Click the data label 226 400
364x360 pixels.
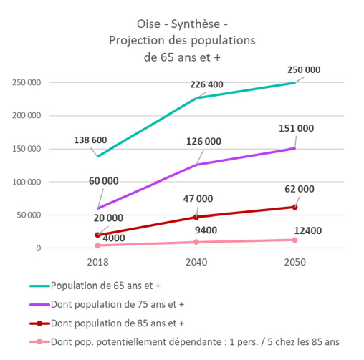point(206,84)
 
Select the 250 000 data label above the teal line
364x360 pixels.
point(304,70)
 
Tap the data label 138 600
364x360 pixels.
point(90,140)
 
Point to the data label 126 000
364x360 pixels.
point(203,142)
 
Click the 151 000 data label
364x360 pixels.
point(297,128)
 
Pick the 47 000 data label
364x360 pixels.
point(198,199)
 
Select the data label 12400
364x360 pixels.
point(308,230)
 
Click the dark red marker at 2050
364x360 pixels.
point(294,207)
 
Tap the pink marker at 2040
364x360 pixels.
point(196,242)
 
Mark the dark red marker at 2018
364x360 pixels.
point(97,235)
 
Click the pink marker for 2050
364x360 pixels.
point(294,240)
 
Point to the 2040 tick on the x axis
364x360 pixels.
point(196,262)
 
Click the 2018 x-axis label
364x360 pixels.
point(97,262)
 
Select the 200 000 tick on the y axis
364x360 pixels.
point(27,116)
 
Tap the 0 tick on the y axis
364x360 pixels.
point(39,248)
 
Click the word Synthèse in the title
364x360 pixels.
point(196,24)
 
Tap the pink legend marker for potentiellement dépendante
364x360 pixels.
point(39,342)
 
